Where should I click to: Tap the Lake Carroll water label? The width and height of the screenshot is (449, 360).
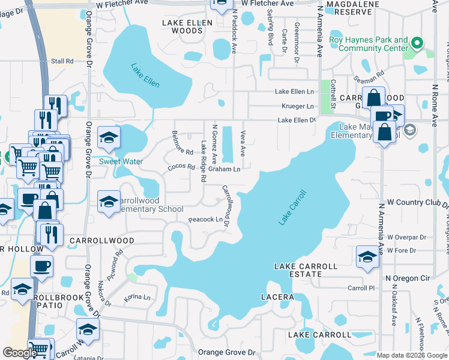(292, 208)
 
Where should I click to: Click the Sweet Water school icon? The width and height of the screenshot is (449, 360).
(109, 139)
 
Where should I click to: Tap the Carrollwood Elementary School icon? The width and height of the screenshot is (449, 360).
(109, 202)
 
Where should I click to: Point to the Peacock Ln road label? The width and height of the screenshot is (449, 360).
(206, 220)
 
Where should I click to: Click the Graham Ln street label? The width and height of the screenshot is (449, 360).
(229, 169)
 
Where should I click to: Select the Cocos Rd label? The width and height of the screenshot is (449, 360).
(182, 167)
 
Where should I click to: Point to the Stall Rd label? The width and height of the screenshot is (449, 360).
(62, 61)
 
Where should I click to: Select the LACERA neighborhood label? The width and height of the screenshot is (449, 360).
(277, 297)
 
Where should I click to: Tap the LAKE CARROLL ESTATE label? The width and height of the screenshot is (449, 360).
(299, 270)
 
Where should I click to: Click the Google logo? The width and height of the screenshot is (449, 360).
(20, 353)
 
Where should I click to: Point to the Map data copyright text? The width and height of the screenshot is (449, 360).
(412, 355)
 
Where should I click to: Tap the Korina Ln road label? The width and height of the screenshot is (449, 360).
(136, 297)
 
